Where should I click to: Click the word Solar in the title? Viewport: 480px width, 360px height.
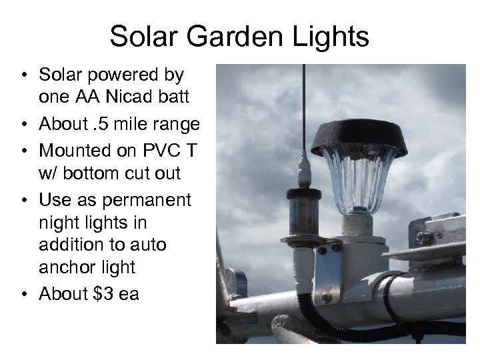[x=143, y=37]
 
